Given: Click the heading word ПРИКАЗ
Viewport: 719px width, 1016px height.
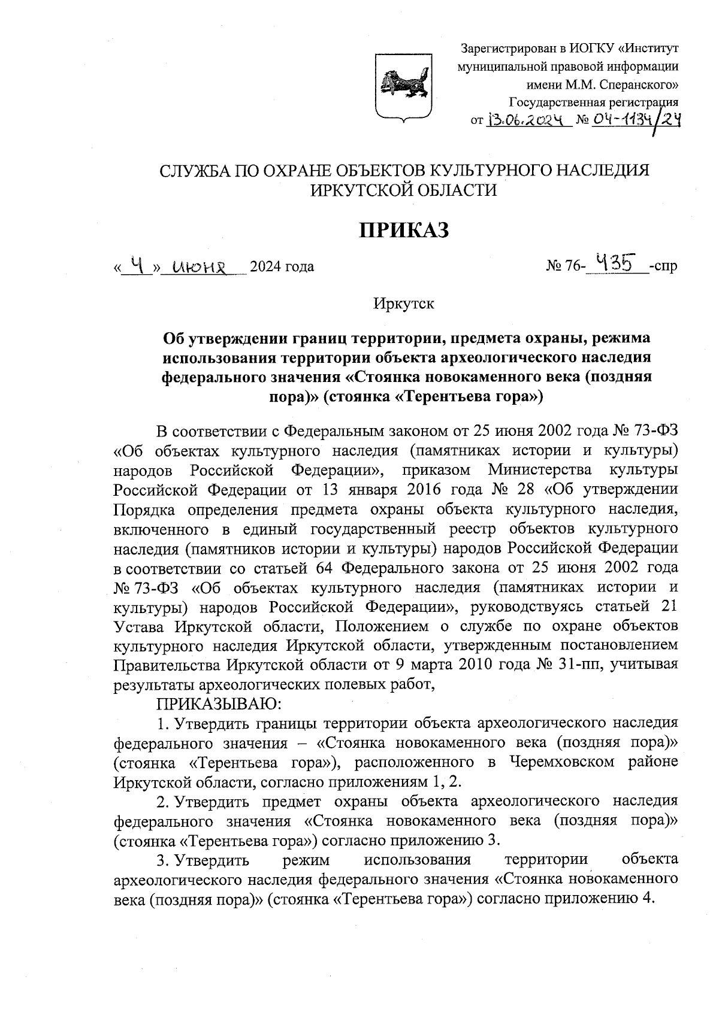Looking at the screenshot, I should [x=403, y=230].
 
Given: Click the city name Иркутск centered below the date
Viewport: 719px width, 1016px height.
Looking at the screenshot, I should [x=403, y=304].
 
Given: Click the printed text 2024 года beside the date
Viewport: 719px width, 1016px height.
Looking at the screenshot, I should [x=282, y=266].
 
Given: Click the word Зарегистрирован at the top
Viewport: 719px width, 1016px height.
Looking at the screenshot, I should [x=503, y=48].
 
